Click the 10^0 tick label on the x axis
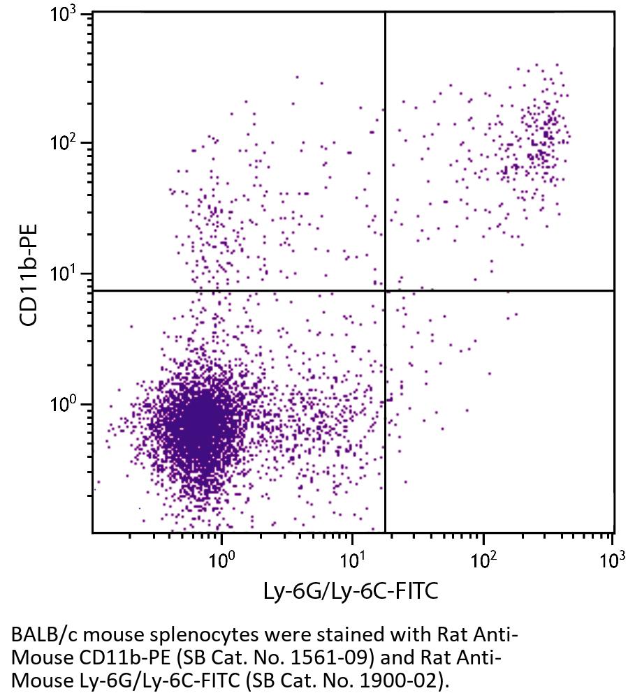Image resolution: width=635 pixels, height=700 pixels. [221, 559]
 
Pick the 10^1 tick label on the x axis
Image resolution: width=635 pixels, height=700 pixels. [352, 559]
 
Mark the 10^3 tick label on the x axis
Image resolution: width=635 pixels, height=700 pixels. [612, 559]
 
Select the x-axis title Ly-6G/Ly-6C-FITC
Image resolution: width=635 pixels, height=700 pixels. [351, 593]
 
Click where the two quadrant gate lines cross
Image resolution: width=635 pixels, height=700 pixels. [385, 290]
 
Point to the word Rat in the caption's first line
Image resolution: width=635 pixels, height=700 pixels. [451, 636]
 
